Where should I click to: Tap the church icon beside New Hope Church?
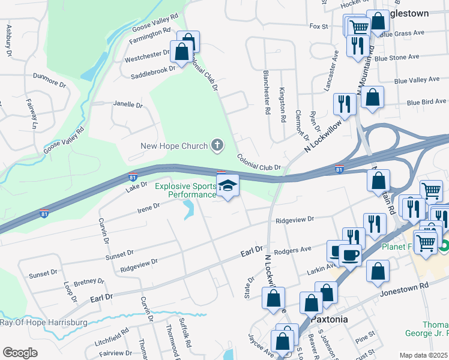tap(217, 145)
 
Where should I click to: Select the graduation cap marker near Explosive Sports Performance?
tap(228, 187)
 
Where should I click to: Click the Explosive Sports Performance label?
tap(185, 190)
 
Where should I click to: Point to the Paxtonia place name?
tap(329, 319)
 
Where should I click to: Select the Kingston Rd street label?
tap(282, 105)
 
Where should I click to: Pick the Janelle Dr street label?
tap(128, 104)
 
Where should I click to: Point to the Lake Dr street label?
tap(136, 188)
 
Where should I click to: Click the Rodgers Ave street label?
tap(292, 250)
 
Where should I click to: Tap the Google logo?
tap(20, 353)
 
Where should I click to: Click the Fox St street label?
tap(319, 26)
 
